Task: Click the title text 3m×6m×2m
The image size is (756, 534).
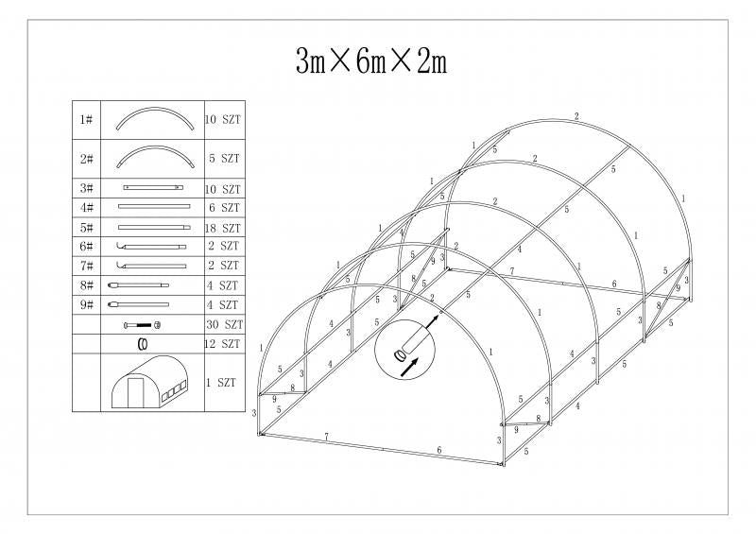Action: [371, 61]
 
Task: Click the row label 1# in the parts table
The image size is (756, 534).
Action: [86, 119]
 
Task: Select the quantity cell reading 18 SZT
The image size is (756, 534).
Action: [223, 228]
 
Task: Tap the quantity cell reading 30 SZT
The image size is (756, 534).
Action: [225, 324]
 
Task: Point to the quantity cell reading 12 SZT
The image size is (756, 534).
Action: [222, 343]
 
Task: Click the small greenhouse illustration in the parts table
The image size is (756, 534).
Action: [149, 382]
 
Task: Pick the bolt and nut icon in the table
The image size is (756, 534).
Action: [143, 325]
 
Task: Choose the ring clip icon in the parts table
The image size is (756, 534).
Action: [143, 344]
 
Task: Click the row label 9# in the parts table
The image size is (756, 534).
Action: [86, 305]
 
